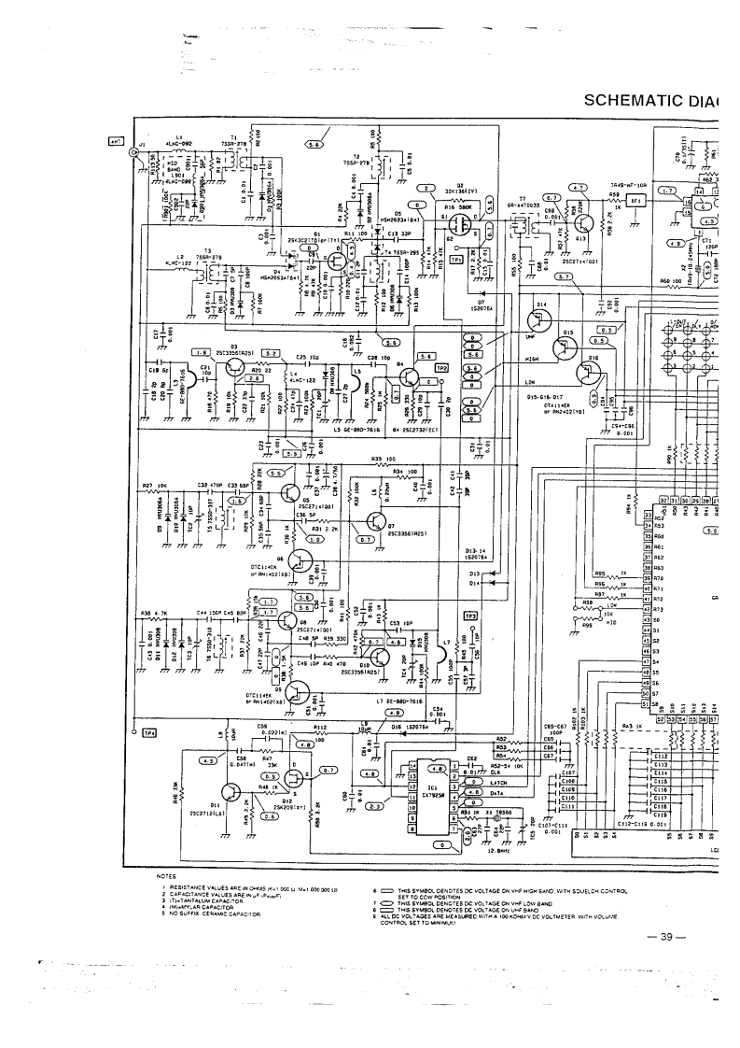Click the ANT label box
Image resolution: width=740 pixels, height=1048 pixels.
[x=115, y=142]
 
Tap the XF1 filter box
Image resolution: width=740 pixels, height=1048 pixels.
[x=637, y=199]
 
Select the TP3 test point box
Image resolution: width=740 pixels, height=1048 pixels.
[x=470, y=616]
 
